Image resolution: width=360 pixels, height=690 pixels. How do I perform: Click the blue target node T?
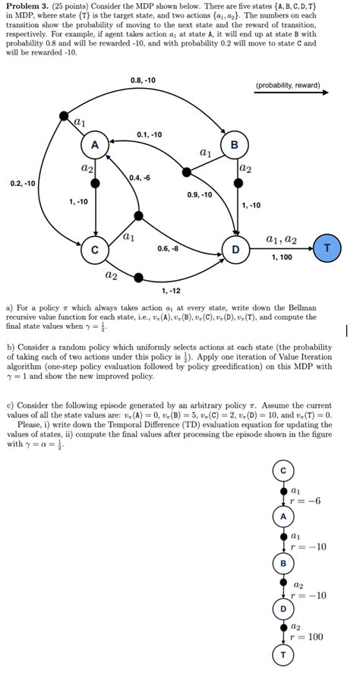(x=327, y=248)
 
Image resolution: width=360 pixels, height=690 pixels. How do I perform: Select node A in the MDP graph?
(x=95, y=144)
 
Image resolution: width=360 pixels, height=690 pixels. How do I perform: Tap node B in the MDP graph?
(x=234, y=144)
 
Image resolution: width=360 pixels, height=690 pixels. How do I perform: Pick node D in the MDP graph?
(x=235, y=248)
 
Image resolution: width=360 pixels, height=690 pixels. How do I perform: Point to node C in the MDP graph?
(x=95, y=248)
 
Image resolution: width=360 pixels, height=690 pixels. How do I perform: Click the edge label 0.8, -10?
(x=143, y=80)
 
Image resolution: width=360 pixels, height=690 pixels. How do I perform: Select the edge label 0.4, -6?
(x=139, y=178)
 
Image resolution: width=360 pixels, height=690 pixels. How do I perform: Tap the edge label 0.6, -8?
(x=168, y=248)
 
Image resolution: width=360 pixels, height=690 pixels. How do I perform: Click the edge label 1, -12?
(x=170, y=291)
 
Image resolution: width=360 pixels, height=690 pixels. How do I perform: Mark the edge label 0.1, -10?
(x=149, y=134)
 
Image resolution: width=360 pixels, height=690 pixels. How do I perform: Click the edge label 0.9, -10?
(x=200, y=195)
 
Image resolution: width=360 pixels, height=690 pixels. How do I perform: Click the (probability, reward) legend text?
(x=289, y=85)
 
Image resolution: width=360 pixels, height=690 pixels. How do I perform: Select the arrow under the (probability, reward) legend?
(x=292, y=93)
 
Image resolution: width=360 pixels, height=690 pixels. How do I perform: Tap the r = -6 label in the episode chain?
(x=307, y=500)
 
